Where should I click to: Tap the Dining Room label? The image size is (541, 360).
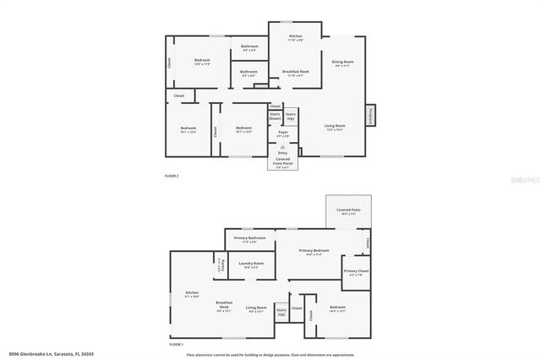(342, 63)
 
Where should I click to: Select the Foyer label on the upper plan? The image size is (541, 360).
(282, 134)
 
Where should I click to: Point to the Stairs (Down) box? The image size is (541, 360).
(275, 116)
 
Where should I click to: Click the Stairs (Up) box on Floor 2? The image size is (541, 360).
(290, 116)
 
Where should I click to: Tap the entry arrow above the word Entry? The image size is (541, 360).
(282, 146)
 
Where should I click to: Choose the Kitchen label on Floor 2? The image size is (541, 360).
(295, 37)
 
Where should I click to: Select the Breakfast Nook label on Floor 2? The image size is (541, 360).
(295, 73)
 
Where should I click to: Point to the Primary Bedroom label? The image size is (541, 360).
(314, 252)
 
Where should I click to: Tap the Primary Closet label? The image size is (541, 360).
(355, 272)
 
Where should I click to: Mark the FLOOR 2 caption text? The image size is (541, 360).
(172, 176)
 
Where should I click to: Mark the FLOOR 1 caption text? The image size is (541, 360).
(176, 345)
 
